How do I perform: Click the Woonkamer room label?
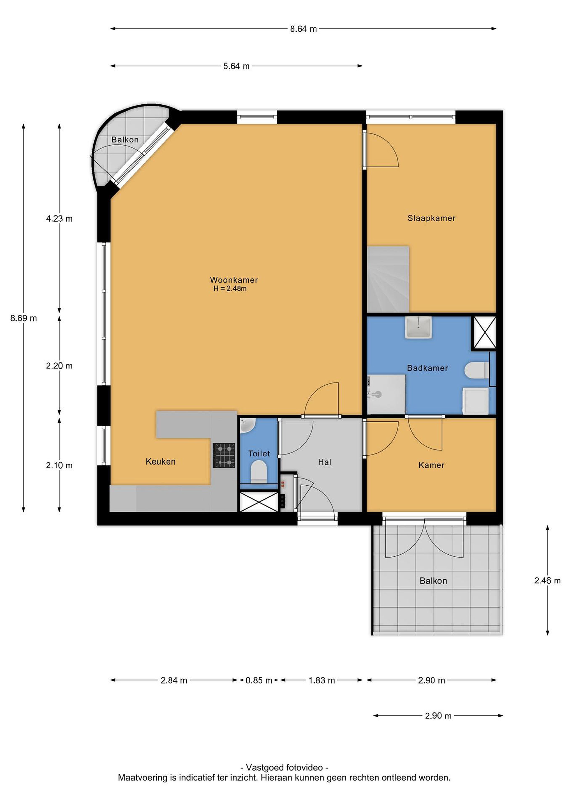234,280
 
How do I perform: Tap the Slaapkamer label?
431,218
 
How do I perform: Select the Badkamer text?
427,368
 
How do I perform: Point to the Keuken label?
161,461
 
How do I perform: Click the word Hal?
325,462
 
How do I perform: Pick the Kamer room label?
431,465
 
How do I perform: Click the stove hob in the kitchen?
224,455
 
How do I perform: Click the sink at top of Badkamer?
419,327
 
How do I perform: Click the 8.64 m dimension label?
303,29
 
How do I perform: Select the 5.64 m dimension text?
236,66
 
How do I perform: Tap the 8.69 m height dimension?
24,318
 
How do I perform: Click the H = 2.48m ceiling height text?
230,289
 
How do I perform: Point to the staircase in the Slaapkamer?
388,279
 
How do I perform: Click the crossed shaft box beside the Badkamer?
484,332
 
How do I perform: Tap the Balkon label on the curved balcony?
125,140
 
